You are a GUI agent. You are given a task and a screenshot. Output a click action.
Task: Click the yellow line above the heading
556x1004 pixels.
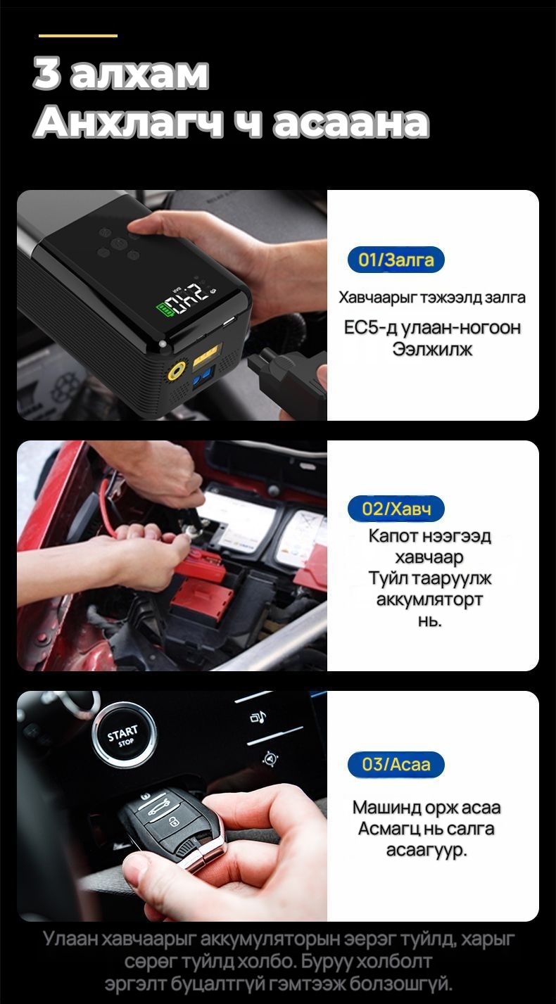coord(78,35)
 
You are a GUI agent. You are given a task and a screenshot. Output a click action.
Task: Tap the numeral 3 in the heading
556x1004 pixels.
coord(47,73)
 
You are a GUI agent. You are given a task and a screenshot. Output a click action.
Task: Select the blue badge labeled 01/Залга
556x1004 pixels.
coord(396,260)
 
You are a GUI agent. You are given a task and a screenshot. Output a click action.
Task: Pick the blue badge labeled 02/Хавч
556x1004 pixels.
coord(396,509)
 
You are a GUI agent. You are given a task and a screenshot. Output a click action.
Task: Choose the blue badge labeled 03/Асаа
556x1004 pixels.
coord(396,764)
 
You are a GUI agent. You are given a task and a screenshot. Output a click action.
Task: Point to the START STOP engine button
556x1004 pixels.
coord(124,735)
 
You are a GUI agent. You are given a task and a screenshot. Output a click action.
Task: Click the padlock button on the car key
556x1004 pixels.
coord(172,820)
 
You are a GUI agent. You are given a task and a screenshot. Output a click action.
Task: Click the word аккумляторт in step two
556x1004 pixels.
coord(429,599)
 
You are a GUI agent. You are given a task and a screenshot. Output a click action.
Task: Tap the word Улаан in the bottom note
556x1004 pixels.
coord(70,939)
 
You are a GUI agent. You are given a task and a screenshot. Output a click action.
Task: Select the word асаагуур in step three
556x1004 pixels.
coord(427,850)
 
